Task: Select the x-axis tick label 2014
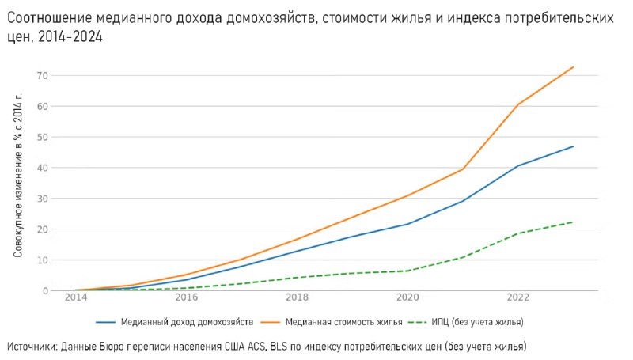76,297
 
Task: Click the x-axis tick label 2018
298,297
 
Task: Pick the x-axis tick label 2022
518,297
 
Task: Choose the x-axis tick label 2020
407,297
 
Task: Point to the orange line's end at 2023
574,67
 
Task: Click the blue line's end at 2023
574,146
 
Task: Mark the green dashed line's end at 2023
574,222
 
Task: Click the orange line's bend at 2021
463,169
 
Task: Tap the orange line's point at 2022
518,104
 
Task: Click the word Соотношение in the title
47,17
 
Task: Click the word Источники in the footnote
32,347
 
